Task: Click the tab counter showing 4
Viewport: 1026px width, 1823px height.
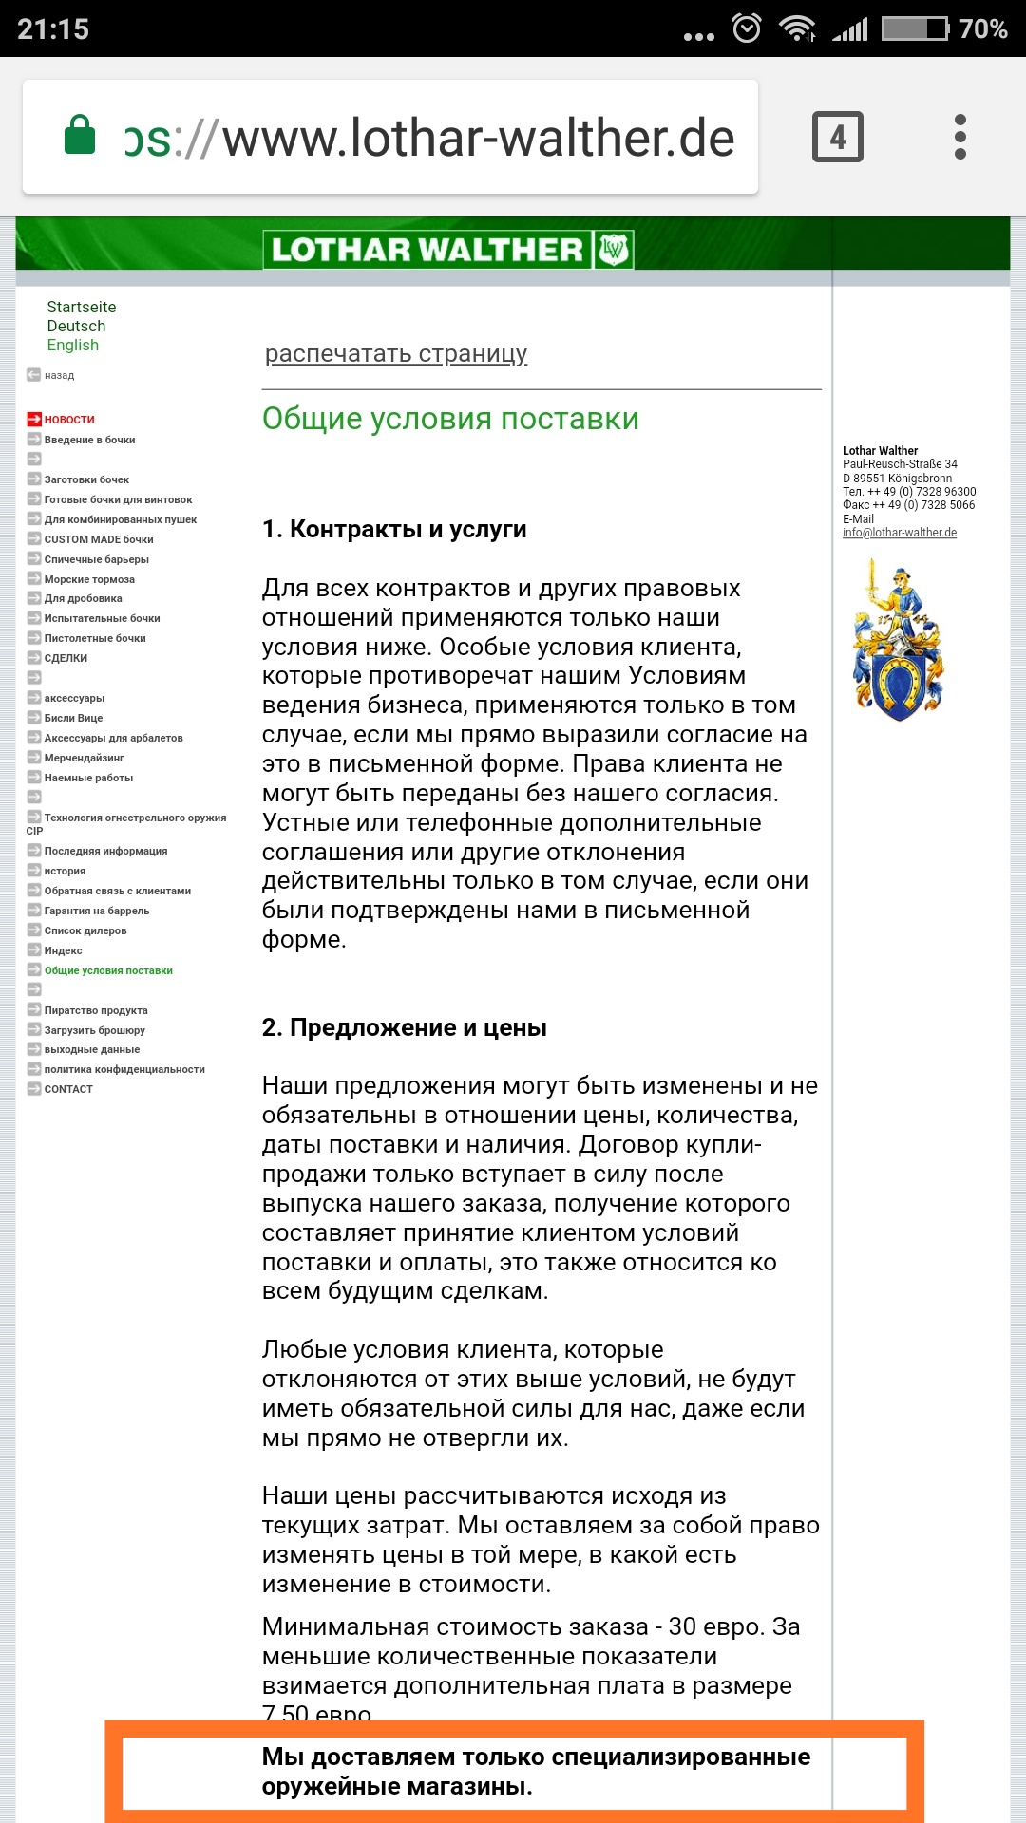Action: point(837,137)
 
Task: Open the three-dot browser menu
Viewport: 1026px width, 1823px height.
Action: point(959,137)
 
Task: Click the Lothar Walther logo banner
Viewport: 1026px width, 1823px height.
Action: point(447,250)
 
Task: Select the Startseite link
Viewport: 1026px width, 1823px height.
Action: point(82,307)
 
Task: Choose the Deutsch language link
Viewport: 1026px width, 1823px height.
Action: point(76,326)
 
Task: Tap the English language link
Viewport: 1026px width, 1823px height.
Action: point(73,345)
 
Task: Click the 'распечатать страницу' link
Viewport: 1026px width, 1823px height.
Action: point(395,353)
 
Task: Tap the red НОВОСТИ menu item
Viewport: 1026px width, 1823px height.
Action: point(69,419)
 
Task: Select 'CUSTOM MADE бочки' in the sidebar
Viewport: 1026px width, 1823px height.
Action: point(99,539)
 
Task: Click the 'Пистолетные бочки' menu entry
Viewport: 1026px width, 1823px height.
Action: point(95,638)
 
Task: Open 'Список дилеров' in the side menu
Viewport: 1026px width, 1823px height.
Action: point(85,930)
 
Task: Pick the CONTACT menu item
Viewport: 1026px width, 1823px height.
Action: point(68,1089)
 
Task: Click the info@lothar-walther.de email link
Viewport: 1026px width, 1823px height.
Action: point(900,533)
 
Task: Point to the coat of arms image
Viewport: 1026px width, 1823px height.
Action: point(898,640)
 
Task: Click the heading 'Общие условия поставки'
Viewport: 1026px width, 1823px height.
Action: point(450,419)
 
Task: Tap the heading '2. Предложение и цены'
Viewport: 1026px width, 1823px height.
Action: point(404,1027)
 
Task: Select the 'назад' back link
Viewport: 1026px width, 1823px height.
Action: point(59,375)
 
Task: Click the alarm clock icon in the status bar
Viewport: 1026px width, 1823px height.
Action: point(747,28)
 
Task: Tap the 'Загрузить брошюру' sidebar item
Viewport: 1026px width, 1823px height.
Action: point(95,1030)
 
